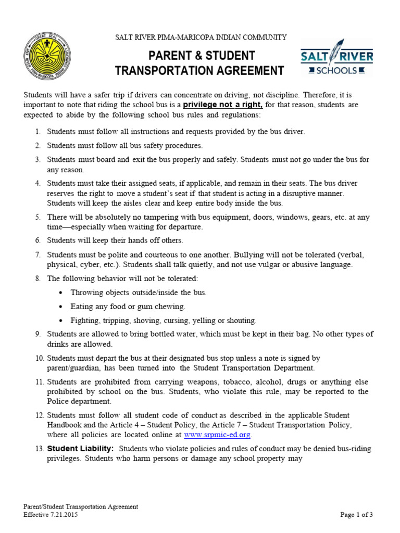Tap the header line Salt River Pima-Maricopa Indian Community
click(x=201, y=37)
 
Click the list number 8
click(x=38, y=278)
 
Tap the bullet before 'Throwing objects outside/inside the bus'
click(x=62, y=293)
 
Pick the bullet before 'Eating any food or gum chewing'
click(x=62, y=307)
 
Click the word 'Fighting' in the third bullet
click(x=85, y=321)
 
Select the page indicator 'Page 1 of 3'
click(x=357, y=515)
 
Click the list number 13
click(x=40, y=449)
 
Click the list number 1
click(x=38, y=132)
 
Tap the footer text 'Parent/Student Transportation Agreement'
click(x=81, y=506)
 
